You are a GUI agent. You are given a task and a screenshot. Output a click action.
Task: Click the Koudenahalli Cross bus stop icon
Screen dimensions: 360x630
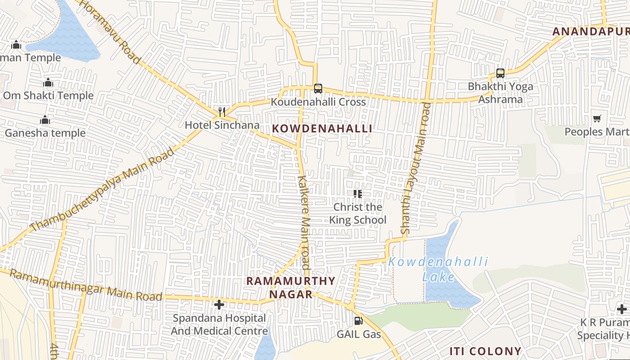pyautogui.click(x=318, y=88)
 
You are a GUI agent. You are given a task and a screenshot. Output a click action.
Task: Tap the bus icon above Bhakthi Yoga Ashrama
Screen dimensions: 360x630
pyautogui.click(x=500, y=73)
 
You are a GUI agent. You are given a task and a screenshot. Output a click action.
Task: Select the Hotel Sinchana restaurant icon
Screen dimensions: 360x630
pyautogui.click(x=221, y=112)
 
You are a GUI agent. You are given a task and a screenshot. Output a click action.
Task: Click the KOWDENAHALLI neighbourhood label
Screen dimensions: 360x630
pyautogui.click(x=322, y=129)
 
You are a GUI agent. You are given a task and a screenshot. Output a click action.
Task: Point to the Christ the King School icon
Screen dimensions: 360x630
pyautogui.click(x=358, y=194)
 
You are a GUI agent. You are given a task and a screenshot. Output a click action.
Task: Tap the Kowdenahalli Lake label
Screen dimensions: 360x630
pyautogui.click(x=438, y=269)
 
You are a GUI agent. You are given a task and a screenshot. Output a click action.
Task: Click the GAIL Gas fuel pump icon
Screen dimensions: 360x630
pyautogui.click(x=359, y=321)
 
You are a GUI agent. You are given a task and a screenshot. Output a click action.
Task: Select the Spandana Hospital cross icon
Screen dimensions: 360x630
pyautogui.click(x=219, y=305)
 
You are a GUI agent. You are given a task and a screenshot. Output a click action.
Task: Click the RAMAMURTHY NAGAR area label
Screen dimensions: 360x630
pyautogui.click(x=291, y=288)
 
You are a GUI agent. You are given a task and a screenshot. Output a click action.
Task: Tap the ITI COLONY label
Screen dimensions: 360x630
pyautogui.click(x=486, y=351)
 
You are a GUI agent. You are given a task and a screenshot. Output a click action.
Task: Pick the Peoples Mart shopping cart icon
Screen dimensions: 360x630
pyautogui.click(x=597, y=119)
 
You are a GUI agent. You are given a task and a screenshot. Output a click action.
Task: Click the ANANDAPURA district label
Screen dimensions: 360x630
pyautogui.click(x=590, y=31)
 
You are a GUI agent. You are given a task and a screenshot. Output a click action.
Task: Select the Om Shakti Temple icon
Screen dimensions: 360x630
pyautogui.click(x=48, y=83)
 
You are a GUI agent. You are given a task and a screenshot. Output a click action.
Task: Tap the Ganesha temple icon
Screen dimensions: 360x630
pyautogui.click(x=45, y=120)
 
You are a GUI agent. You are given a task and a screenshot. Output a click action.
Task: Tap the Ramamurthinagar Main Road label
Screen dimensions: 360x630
pyautogui.click(x=85, y=285)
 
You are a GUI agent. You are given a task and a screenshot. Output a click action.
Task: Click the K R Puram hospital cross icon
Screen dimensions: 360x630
pyautogui.click(x=622, y=309)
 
